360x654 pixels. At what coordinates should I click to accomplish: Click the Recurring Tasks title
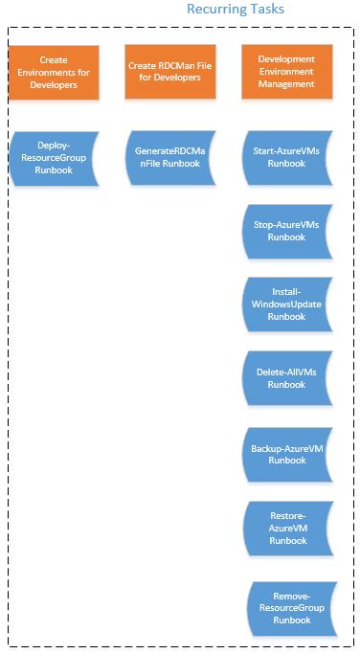[235, 10]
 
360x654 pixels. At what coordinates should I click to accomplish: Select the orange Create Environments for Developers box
[54, 72]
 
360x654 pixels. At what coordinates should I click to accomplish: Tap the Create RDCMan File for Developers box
[169, 72]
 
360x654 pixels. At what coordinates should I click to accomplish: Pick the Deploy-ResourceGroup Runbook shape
[54, 157]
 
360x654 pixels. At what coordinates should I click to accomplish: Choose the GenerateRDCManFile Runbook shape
[169, 157]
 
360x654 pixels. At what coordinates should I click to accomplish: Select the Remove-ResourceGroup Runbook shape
[291, 608]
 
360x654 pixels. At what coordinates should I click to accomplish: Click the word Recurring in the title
[216, 10]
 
